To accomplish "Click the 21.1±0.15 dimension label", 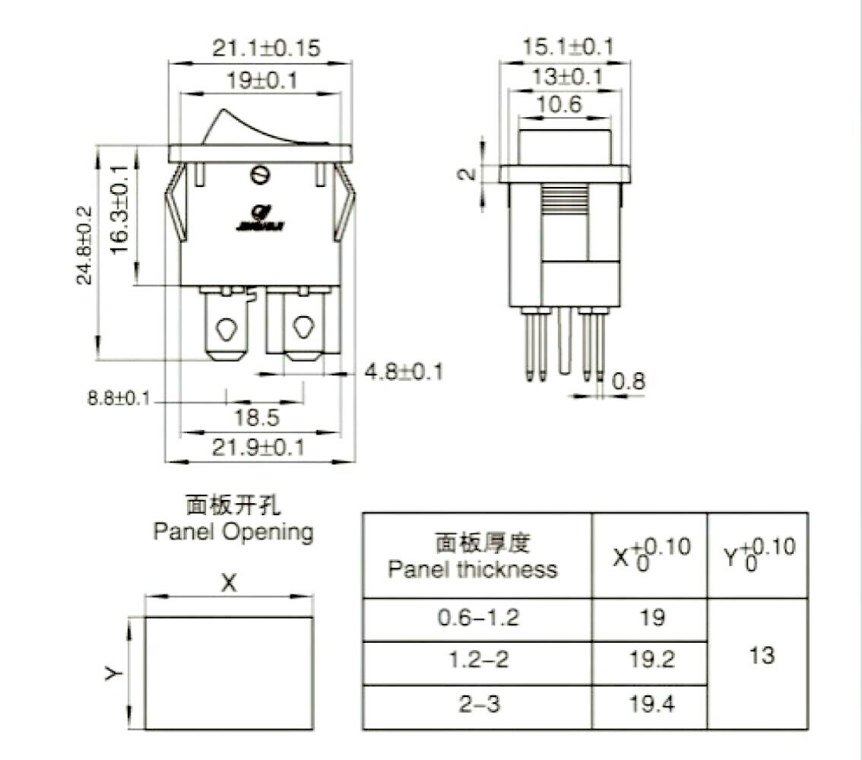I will [x=265, y=48].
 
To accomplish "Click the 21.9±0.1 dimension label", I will [x=258, y=448].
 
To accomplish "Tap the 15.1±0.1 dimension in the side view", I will [x=566, y=47].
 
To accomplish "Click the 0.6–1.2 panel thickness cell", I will [x=477, y=617].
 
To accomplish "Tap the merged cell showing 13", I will [x=761, y=654].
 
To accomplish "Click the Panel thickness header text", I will [x=473, y=568].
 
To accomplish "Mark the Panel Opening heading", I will [x=233, y=531].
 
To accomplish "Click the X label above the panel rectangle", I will [x=229, y=584].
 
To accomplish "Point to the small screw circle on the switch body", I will [x=260, y=176].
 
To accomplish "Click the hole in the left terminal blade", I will [x=226, y=329].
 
